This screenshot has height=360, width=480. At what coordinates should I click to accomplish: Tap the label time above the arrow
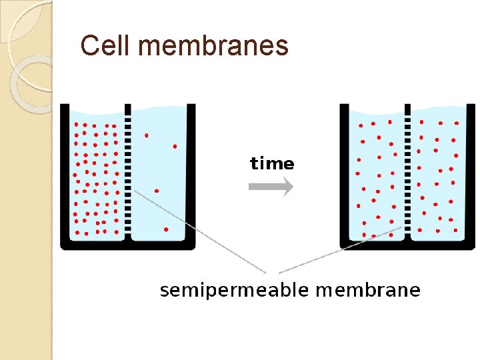pos(271,163)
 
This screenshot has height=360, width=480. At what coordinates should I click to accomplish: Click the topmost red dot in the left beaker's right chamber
pos(147,135)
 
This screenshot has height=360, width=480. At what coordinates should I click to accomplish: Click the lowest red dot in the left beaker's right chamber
pos(166,229)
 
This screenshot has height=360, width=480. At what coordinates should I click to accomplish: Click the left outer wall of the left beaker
pos(64,173)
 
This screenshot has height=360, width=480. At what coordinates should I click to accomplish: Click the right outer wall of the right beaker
pos(470,173)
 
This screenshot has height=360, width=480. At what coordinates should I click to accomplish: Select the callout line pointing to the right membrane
pos(340,250)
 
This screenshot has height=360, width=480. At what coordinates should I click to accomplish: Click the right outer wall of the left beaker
pos(191,173)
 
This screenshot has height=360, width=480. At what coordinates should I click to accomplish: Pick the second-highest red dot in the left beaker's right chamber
pos(175,145)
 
